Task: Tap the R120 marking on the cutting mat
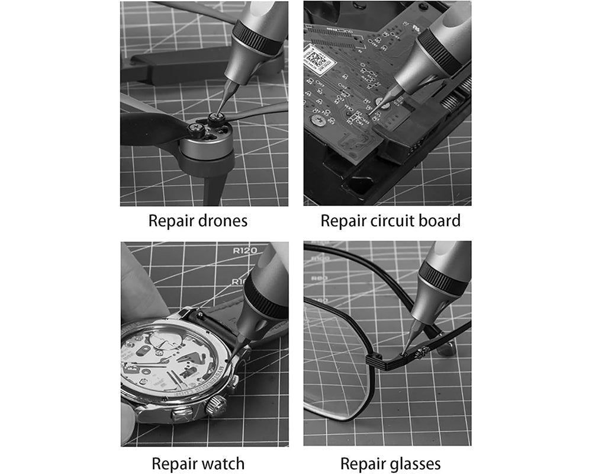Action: pos(244,251)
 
